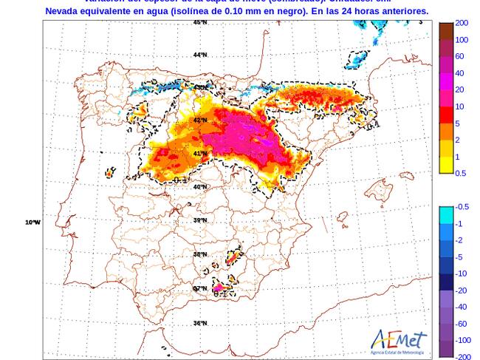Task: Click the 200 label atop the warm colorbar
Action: click(462, 24)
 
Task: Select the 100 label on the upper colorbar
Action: click(462, 40)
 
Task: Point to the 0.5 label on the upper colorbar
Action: click(461, 173)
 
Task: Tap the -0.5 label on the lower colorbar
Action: click(462, 207)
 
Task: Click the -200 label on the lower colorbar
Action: click(463, 356)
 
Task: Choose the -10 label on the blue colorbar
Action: click(461, 274)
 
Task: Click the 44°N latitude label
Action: click(200, 55)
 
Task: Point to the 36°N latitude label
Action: click(200, 323)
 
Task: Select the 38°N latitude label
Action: click(200, 254)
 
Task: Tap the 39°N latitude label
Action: click(200, 220)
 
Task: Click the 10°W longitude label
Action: click(32, 222)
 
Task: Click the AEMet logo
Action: click(399, 342)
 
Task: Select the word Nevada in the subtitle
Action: click(64, 11)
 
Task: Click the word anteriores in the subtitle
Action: click(402, 11)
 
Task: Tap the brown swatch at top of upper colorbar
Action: click(446, 31)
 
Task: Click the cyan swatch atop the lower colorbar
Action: click(446, 215)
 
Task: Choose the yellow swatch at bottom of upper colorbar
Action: click(446, 166)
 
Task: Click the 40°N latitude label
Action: click(200, 187)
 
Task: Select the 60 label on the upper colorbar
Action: click(459, 57)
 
